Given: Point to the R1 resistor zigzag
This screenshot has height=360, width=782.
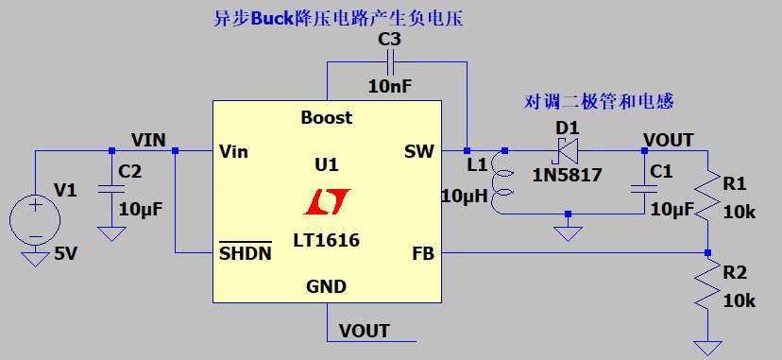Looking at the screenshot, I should click(x=707, y=198).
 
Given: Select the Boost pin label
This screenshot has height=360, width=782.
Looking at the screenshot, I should click(x=326, y=118).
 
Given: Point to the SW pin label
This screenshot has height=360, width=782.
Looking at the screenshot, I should click(x=418, y=151).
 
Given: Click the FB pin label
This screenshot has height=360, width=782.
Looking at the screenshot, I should click(x=423, y=254).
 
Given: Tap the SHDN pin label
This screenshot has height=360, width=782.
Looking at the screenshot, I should click(x=246, y=253).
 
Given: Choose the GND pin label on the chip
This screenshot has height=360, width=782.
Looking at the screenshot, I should click(x=326, y=286).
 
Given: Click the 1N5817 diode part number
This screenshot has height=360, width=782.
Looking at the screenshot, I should click(x=568, y=175).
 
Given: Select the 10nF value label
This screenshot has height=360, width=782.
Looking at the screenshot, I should click(x=390, y=86).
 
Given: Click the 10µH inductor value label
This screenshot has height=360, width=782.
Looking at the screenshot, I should click(x=463, y=197).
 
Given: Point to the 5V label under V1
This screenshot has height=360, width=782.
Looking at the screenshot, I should click(x=67, y=253).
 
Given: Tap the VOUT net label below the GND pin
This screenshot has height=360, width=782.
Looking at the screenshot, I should click(x=364, y=331).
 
